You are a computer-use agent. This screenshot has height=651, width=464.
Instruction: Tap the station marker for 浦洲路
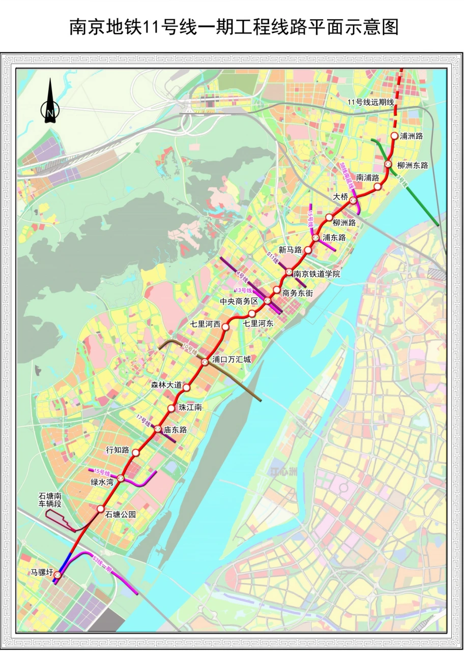point(394,136)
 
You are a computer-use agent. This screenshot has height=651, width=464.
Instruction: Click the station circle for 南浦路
point(378,187)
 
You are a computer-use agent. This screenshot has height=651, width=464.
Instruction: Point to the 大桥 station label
point(340,196)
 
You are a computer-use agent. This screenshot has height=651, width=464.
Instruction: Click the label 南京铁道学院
point(317,274)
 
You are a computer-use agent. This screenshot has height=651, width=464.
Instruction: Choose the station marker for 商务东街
point(277,290)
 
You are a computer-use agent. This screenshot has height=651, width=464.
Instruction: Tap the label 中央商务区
point(239,301)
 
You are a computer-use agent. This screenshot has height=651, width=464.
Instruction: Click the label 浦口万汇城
point(231,360)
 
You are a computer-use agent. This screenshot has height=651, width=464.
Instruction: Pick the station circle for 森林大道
point(187,388)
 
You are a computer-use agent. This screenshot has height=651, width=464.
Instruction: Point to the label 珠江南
point(191,408)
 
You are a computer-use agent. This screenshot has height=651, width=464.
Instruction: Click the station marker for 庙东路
point(158,430)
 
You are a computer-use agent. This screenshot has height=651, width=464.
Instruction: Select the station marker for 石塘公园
point(100,509)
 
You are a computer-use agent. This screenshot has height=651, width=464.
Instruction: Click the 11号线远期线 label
point(371,103)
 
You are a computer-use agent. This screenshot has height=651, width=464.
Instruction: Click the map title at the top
point(234,27)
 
